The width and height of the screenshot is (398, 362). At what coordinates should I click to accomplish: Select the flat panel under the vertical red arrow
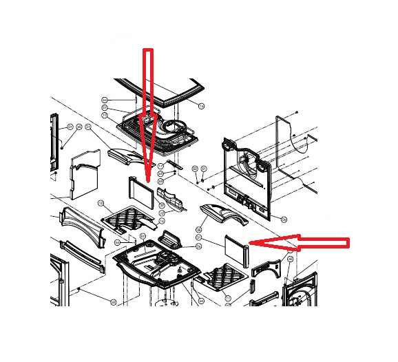140,190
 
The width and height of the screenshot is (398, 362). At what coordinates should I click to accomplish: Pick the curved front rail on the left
83,223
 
